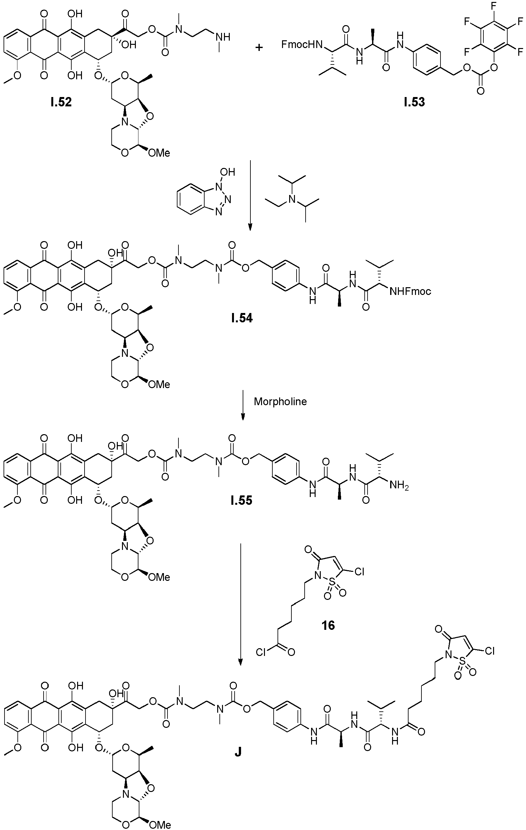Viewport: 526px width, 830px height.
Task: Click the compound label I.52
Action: (x=61, y=103)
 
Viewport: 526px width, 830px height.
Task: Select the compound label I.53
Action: (x=415, y=102)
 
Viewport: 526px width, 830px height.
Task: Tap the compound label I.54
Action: (x=242, y=318)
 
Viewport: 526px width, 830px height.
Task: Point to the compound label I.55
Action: (x=242, y=500)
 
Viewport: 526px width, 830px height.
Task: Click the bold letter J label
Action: (x=238, y=752)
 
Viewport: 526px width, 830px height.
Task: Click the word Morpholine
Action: (x=280, y=402)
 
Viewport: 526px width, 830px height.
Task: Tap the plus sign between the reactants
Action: (x=259, y=47)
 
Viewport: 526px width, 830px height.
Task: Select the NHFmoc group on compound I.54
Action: (x=410, y=292)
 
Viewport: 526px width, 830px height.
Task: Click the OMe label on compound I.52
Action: (x=159, y=153)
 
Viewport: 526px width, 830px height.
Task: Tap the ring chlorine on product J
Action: (x=490, y=651)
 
